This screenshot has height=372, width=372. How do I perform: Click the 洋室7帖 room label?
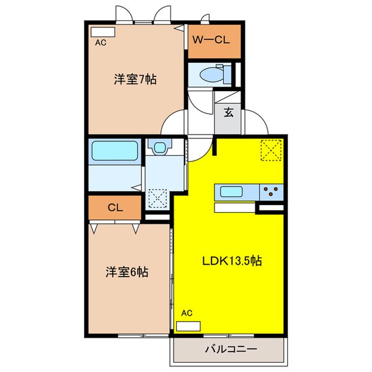coord(134,79)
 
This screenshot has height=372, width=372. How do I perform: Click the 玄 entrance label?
coord(228,113)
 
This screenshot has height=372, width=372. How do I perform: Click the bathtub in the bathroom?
coord(114,151)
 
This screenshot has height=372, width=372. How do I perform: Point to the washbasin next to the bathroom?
coord(160,148)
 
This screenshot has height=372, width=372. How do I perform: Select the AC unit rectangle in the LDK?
coord(190,325)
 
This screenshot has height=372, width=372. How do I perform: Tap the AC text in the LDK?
coord(186,314)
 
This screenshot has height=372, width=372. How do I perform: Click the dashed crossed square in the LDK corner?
coord(271,149)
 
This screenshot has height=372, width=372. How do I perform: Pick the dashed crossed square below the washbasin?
coord(158,199)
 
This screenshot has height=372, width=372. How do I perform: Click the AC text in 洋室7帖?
coord(100,43)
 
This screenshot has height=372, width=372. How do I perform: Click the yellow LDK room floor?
coord(229,291)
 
